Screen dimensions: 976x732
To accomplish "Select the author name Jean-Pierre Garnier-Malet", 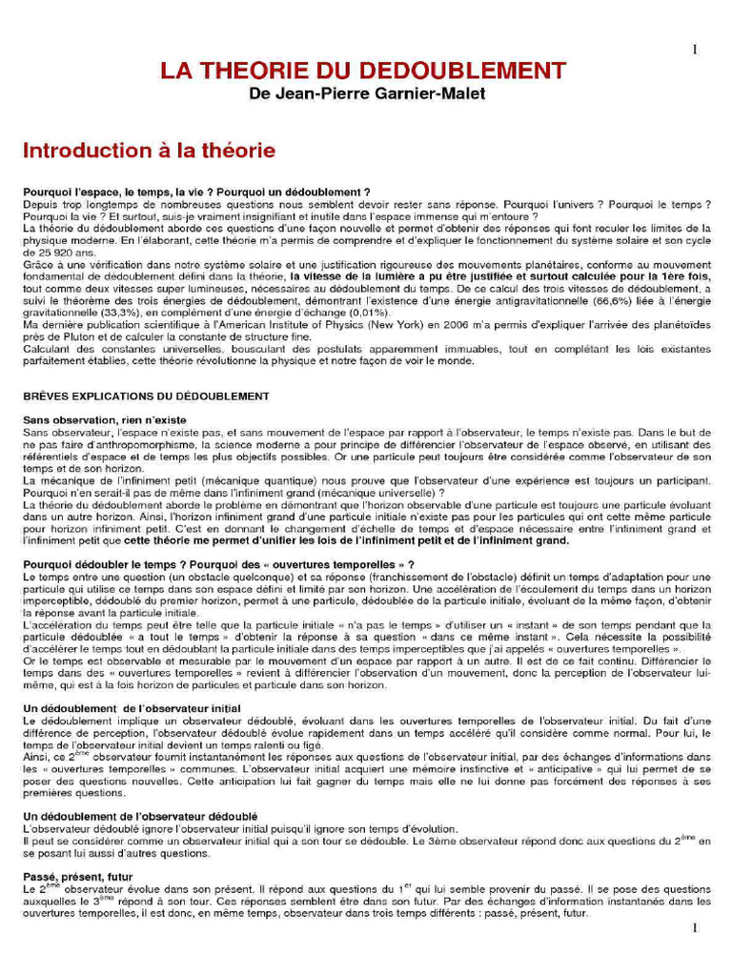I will pyautogui.click(x=379, y=94).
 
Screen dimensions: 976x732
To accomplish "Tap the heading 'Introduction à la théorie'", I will pyautogui.click(x=149, y=151).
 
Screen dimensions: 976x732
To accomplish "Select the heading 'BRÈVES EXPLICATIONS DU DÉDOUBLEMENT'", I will pyautogui.click(x=146, y=396).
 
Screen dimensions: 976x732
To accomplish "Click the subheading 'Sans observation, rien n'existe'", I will pyautogui.click(x=105, y=419).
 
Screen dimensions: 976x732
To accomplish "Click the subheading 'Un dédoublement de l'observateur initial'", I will pyautogui.click(x=132, y=707).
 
